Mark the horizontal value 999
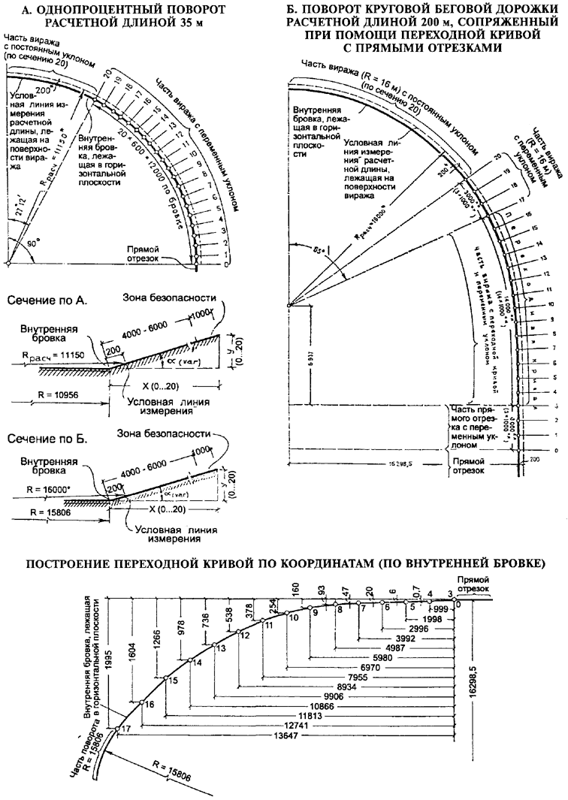(x=441, y=608)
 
